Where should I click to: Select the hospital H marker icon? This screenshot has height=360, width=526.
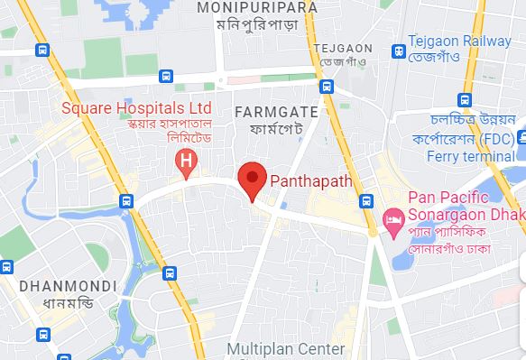pos(186,162)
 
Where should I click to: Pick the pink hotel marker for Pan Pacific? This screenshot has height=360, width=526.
pos(392,217)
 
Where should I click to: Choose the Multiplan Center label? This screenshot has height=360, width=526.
pos(285,348)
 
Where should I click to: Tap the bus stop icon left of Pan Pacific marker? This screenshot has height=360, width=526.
pos(365,199)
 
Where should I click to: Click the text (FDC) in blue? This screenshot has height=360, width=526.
pos(497,138)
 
